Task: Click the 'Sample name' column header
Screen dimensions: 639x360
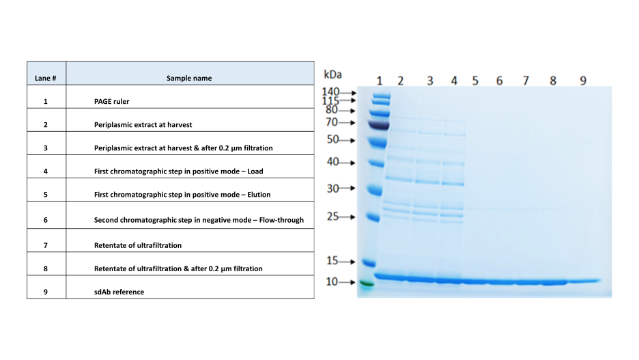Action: click(x=189, y=78)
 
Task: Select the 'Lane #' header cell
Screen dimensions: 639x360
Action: click(x=45, y=78)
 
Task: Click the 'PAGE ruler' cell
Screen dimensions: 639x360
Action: click(x=112, y=101)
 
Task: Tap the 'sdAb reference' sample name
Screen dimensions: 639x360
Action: click(x=119, y=292)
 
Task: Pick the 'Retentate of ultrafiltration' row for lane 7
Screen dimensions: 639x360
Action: click(x=138, y=245)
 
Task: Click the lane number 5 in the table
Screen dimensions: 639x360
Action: click(x=46, y=195)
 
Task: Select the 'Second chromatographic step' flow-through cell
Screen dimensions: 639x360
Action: click(x=199, y=220)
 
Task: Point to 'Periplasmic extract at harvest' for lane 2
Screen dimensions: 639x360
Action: click(x=143, y=124)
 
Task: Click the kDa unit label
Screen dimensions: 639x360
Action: click(x=332, y=74)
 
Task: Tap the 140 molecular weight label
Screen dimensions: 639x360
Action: click(x=330, y=92)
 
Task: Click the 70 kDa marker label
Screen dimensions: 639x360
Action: click(x=332, y=122)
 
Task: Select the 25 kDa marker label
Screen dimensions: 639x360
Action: click(x=333, y=216)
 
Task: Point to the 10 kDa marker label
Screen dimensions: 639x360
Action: click(x=332, y=281)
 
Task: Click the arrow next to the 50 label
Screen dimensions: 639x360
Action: click(x=347, y=141)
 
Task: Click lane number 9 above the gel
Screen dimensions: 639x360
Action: click(x=583, y=81)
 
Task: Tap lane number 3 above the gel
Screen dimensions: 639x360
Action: click(x=430, y=81)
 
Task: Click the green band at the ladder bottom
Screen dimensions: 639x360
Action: click(x=367, y=283)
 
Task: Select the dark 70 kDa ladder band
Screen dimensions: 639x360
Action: click(x=379, y=125)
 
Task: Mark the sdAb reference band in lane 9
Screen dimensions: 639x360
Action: click(x=584, y=281)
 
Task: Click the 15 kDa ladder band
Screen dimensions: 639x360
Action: click(x=369, y=264)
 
